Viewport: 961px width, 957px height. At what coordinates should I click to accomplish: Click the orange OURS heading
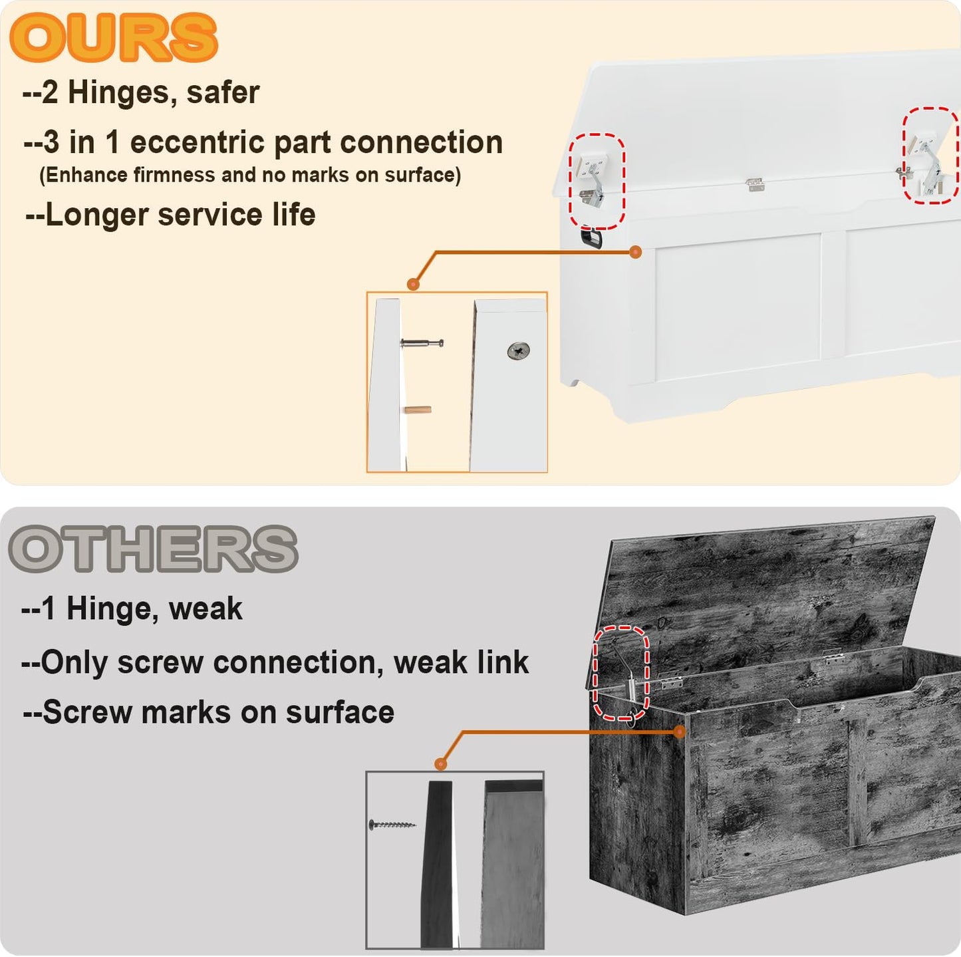pos(113,37)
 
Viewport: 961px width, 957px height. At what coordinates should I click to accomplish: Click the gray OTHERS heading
pos(153,549)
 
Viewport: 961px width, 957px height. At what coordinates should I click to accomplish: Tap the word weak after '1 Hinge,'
pos(206,609)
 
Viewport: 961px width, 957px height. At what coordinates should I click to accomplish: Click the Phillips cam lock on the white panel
pos(519,350)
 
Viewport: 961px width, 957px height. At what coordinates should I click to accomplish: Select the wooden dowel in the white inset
pos(418,410)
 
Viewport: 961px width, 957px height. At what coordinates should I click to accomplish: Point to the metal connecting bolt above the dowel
pos(422,342)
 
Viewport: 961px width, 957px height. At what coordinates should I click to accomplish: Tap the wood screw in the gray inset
pos(392,825)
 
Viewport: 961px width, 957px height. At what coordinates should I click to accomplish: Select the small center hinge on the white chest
pos(755,185)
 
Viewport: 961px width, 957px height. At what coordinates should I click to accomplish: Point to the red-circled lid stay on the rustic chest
pos(622,672)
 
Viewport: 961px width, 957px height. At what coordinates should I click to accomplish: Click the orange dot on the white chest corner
pos(635,252)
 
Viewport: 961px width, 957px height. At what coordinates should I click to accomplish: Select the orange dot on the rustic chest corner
pos(679,732)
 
